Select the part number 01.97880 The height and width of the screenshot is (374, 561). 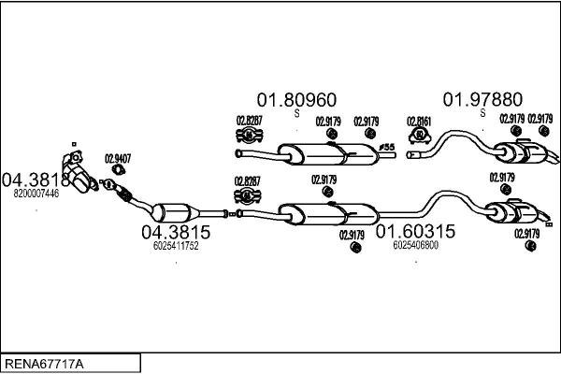point(482,99)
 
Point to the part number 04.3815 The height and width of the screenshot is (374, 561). point(175,231)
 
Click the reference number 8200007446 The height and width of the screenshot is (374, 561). point(36,194)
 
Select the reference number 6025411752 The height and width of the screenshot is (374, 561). point(175,246)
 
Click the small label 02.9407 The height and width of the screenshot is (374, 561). point(117,157)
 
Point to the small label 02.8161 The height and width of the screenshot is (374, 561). point(418,121)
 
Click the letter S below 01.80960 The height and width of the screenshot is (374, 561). point(296,114)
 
